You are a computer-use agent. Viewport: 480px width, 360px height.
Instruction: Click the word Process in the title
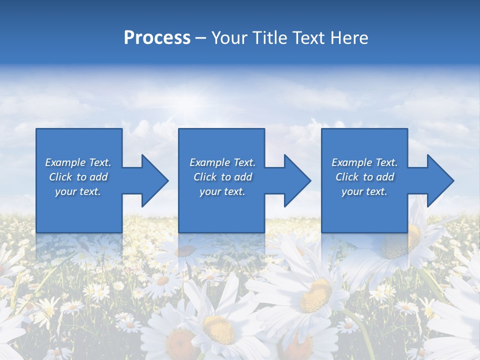point(157,38)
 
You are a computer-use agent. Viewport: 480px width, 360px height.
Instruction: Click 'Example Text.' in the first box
point(78,162)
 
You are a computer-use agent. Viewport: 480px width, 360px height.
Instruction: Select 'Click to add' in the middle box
point(222,177)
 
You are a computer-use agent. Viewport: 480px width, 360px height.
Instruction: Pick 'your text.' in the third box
point(364,191)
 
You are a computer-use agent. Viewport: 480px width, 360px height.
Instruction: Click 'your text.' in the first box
point(78,191)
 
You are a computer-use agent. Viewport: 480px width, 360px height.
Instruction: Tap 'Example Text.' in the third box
point(364,162)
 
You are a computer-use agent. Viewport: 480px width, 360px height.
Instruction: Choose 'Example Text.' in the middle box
point(222,162)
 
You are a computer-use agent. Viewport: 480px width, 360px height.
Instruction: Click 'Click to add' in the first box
point(78,177)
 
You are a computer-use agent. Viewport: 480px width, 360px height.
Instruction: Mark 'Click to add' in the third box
point(364,177)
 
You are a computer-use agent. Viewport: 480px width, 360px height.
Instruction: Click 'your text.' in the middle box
point(222,191)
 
